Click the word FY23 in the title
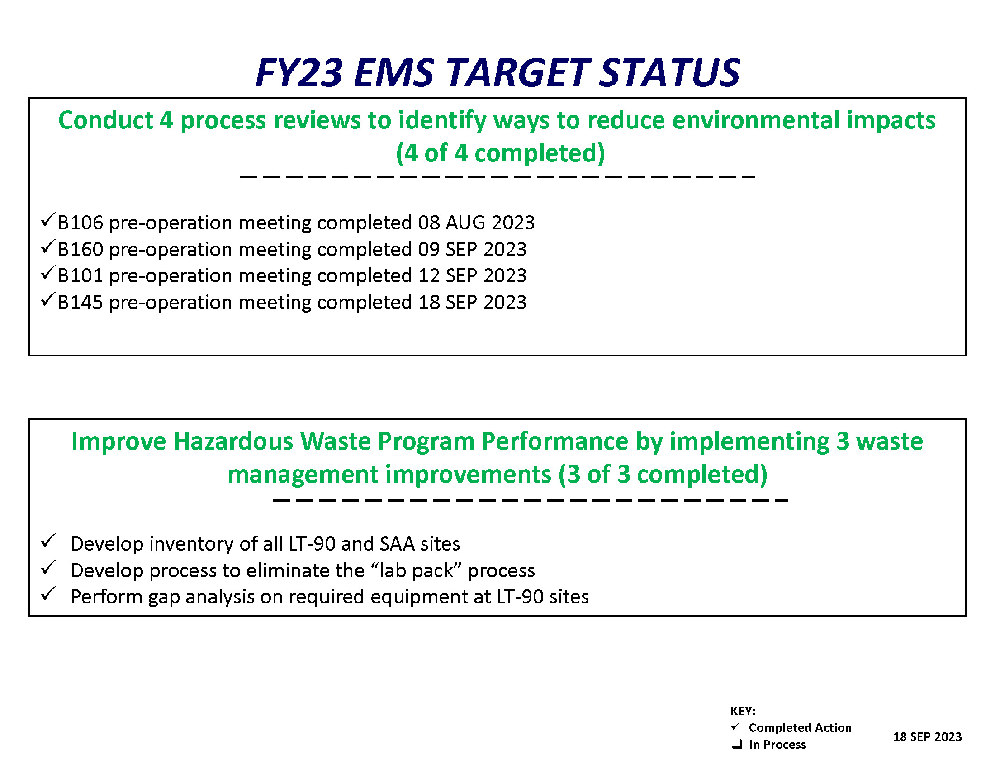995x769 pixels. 299,72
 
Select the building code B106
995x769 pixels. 81,223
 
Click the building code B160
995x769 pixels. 81,249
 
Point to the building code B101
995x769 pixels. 81,275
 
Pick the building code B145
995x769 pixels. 81,302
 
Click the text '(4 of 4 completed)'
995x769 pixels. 500,153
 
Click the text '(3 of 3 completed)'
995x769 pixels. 663,474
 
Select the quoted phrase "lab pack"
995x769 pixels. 417,570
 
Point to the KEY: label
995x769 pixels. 743,711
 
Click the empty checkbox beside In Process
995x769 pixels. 736,744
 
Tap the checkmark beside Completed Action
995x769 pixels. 736,726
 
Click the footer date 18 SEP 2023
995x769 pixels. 927,736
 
